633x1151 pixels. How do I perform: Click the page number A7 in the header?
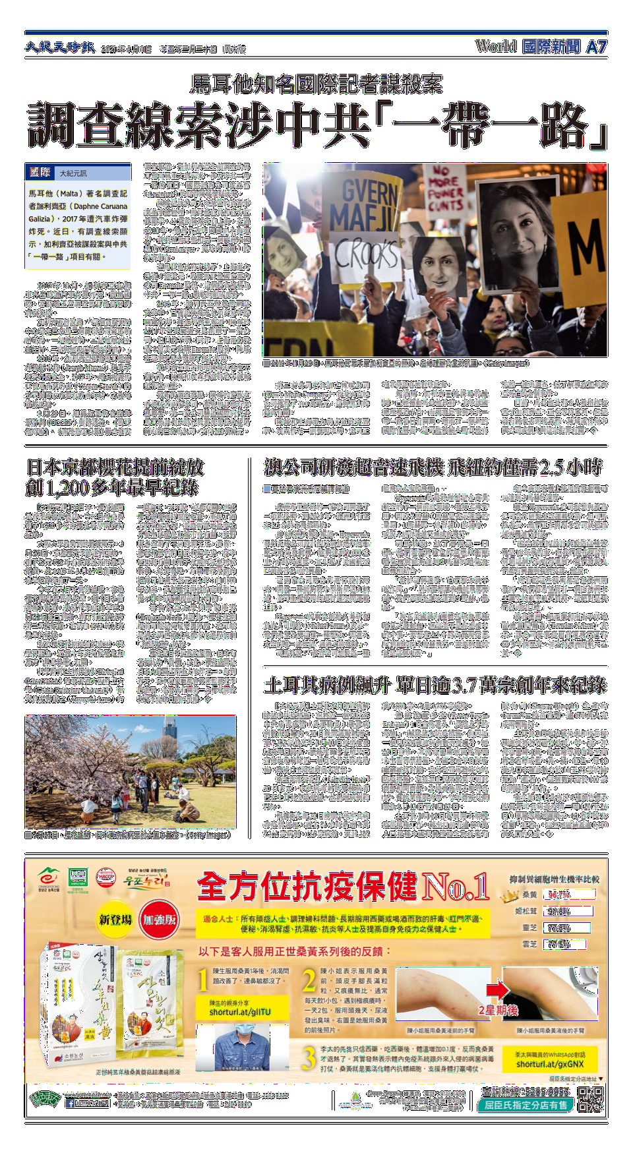click(595, 47)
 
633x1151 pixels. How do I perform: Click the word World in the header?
click(496, 46)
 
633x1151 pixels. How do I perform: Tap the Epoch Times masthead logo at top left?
click(60, 47)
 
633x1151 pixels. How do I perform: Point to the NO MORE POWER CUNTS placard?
click(446, 189)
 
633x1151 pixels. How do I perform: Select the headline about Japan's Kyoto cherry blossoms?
click(115, 478)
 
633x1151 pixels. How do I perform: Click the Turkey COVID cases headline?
click(435, 686)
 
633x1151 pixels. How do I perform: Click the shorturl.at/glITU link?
click(240, 1012)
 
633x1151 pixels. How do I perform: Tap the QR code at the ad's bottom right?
click(590, 1100)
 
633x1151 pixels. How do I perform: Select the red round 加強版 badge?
click(159, 920)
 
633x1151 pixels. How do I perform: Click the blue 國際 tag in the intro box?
click(40, 172)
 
